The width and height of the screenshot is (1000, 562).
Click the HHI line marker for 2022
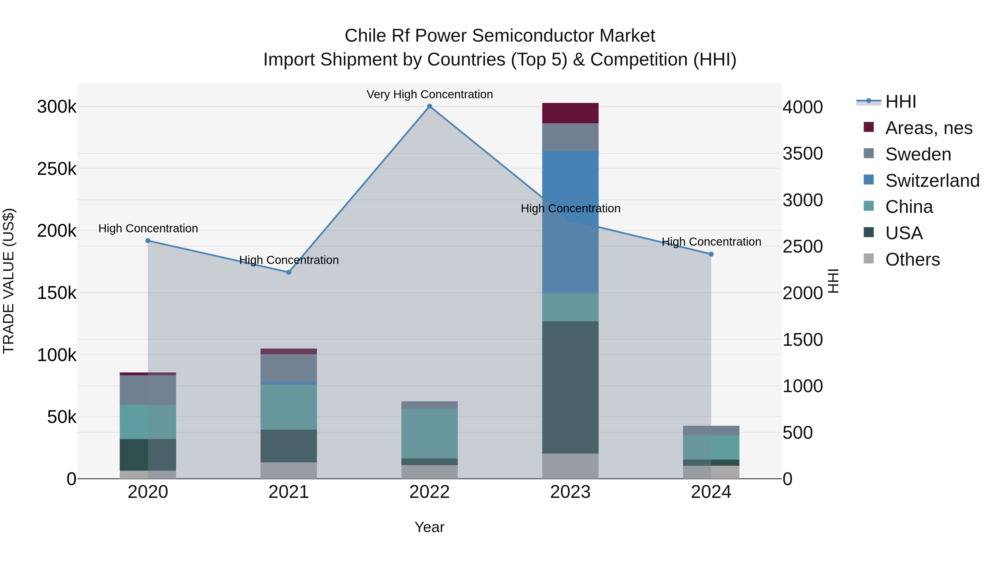tap(429, 106)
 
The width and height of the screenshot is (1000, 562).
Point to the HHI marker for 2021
tap(289, 272)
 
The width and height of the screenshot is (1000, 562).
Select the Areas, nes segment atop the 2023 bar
tap(570, 113)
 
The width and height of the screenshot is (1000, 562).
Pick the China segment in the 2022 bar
tap(429, 433)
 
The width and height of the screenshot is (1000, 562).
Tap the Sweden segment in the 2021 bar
tap(289, 368)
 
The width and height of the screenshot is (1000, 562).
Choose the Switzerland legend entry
tap(932, 181)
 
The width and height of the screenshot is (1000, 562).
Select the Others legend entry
tap(912, 259)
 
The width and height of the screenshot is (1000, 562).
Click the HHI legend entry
tap(901, 102)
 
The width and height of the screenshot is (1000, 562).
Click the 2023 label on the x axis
tap(570, 492)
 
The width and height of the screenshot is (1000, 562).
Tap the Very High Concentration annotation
tap(429, 94)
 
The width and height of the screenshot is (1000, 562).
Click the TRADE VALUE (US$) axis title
tap(9, 281)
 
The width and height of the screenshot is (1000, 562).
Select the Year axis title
tap(429, 527)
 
